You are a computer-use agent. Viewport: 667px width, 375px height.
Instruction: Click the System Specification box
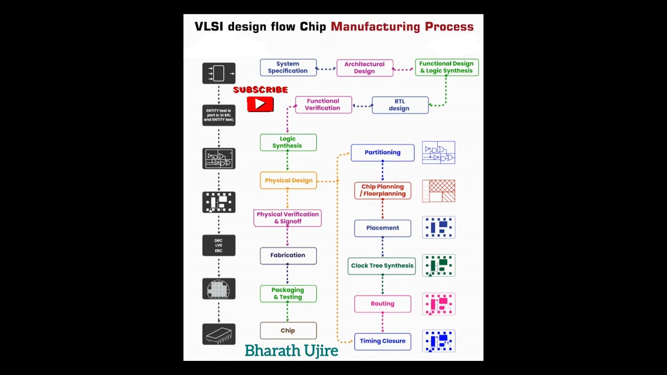tap(288, 68)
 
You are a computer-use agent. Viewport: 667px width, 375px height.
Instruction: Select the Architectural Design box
tap(365, 68)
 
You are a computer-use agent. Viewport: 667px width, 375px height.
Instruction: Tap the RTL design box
tap(400, 105)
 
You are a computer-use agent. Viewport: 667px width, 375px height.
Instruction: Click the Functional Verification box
tap(323, 105)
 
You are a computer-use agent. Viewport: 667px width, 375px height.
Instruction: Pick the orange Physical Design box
tap(288, 181)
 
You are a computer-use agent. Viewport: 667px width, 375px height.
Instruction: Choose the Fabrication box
tap(288, 255)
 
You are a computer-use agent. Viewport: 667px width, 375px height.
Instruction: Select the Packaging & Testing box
tap(288, 294)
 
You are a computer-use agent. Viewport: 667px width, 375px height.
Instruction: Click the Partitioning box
tap(382, 153)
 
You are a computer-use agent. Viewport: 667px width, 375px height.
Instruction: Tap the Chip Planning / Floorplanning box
tap(383, 190)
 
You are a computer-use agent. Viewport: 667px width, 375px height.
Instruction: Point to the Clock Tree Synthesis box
tap(382, 266)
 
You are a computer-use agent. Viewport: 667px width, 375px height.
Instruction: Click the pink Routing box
tap(382, 304)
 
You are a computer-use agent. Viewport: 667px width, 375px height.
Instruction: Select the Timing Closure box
tap(382, 341)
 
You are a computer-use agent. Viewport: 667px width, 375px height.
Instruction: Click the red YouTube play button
tap(261, 104)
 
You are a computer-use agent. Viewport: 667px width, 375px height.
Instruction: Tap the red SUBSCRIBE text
tap(261, 90)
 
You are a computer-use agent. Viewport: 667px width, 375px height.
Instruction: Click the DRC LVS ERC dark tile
tap(219, 245)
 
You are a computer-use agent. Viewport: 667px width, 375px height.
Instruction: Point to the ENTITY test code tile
tap(219, 115)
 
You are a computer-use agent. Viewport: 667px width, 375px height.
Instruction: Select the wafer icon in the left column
tap(219, 289)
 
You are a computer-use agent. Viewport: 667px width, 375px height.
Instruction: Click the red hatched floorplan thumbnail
tap(439, 191)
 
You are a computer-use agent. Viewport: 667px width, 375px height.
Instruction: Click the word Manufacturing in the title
tap(375, 27)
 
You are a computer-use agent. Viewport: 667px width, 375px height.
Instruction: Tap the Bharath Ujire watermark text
tap(291, 351)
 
